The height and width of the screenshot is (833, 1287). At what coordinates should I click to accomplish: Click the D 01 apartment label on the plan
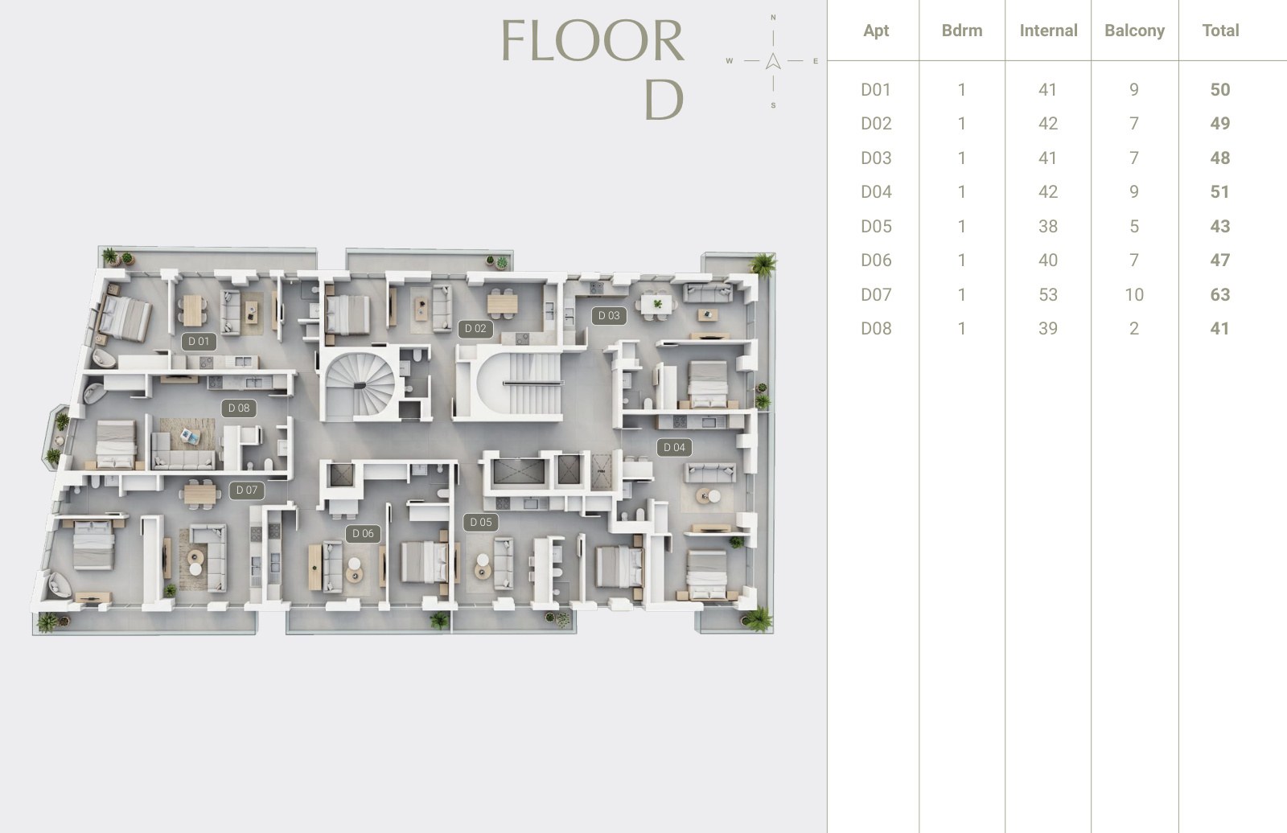point(199,341)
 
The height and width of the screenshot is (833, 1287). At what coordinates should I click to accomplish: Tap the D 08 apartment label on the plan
point(239,408)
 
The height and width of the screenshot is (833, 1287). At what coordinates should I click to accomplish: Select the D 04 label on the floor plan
point(675,447)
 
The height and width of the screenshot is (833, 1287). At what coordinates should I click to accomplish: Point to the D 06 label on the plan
point(363,533)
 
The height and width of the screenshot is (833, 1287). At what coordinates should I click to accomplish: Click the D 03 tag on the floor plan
point(609,315)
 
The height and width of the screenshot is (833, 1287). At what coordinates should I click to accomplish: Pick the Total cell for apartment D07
point(1219,295)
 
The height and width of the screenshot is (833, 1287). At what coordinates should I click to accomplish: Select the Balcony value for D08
point(1133,329)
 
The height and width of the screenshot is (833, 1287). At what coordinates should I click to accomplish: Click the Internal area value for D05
point(1048,227)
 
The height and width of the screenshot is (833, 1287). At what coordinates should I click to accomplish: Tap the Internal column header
point(1049,31)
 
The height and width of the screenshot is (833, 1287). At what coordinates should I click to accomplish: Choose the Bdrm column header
point(962,31)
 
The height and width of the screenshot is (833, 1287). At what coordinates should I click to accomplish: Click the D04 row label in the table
point(876,192)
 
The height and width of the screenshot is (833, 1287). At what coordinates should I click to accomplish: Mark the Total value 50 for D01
point(1219,89)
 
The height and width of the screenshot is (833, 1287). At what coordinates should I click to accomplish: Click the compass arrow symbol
point(773,61)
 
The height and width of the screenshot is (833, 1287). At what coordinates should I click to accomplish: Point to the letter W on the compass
point(729,61)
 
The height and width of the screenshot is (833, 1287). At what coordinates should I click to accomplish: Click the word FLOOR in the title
point(593,40)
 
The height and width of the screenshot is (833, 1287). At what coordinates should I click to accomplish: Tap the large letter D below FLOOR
point(664,100)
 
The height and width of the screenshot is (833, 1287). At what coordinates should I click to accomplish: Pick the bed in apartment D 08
point(116,444)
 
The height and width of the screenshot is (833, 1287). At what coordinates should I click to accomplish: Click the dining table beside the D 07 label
point(200,494)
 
